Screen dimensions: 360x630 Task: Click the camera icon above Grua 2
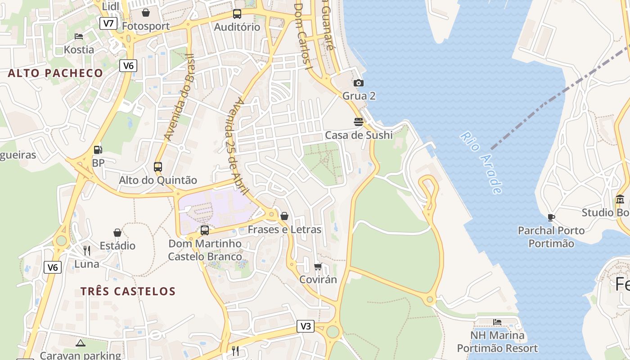[x=359, y=83]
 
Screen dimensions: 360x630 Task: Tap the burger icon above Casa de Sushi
[x=359, y=121]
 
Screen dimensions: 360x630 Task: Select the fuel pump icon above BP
[x=98, y=150]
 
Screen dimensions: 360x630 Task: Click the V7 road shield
[x=108, y=23]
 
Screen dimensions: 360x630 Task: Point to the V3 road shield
[x=306, y=327]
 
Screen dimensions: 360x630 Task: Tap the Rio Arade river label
[x=481, y=163]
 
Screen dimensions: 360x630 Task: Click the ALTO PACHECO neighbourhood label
[x=55, y=73]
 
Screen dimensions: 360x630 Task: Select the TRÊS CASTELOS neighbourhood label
[x=128, y=291]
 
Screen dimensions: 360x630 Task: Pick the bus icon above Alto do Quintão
[x=158, y=167]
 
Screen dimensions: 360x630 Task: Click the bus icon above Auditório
[x=237, y=14]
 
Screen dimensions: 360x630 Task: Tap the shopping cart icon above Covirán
[x=318, y=266]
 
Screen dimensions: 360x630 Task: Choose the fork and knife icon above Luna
[x=87, y=250]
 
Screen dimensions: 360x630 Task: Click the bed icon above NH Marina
[x=497, y=322]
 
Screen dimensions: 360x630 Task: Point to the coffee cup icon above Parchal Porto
[x=551, y=218]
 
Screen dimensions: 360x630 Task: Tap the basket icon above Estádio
[x=117, y=233]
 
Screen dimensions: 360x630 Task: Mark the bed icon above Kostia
[x=79, y=36]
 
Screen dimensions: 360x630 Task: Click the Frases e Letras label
[x=284, y=229]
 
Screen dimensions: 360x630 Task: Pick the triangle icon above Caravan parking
[x=81, y=343]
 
